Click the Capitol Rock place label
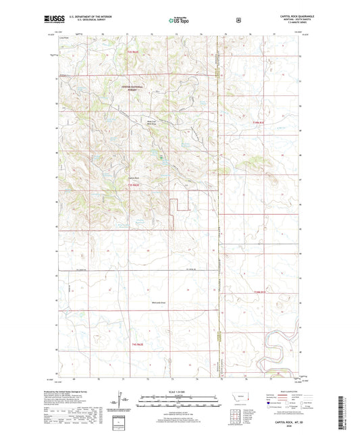tap(134, 178)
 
